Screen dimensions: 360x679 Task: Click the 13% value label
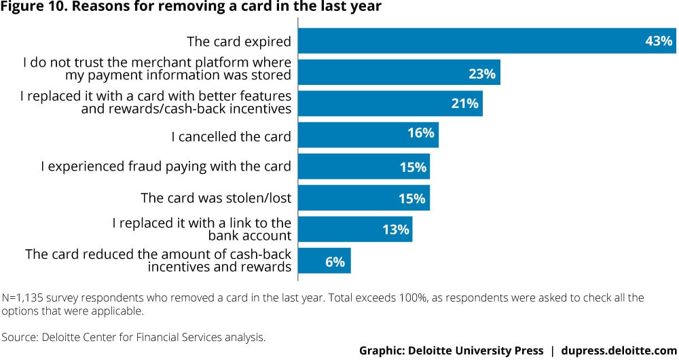[x=396, y=230]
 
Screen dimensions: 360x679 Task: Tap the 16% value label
[x=421, y=133]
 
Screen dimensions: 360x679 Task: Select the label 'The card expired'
[x=239, y=42]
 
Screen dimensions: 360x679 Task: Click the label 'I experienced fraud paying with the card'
[x=166, y=166]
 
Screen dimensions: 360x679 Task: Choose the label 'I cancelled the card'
[x=231, y=137]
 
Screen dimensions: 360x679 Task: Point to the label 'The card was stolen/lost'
[x=216, y=198]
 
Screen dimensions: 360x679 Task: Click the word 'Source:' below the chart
[x=20, y=337]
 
